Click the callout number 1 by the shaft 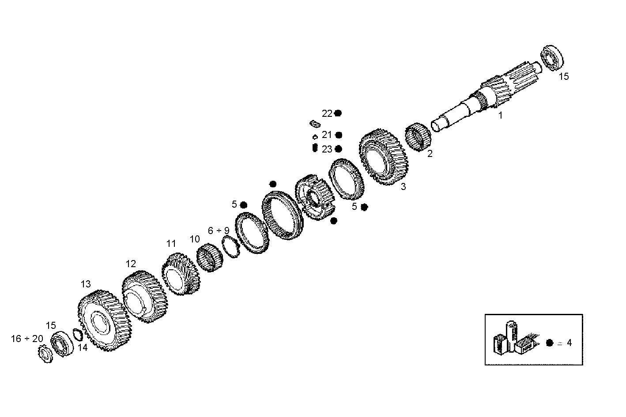click(500, 115)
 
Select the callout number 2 click(430, 153)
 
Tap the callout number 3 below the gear click(403, 186)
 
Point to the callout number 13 click(85, 284)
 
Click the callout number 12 click(131, 264)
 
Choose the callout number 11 click(171, 243)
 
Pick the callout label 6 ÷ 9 click(219, 231)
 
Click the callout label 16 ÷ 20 click(27, 339)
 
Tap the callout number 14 click(83, 347)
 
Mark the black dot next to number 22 click(338, 113)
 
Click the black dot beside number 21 click(339, 135)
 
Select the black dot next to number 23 click(339, 149)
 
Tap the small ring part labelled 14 click(78, 336)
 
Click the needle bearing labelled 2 click(418, 137)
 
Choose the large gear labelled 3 click(383, 156)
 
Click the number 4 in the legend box click(569, 343)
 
